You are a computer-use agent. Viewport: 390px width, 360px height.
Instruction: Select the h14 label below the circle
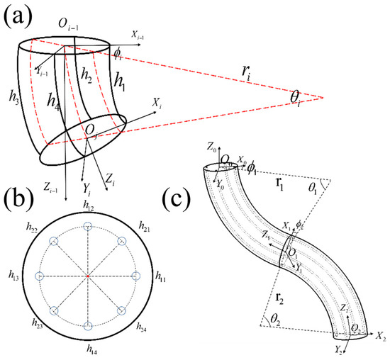pos(89,351)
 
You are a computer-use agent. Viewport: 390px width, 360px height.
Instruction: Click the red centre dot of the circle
pos(87,276)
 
